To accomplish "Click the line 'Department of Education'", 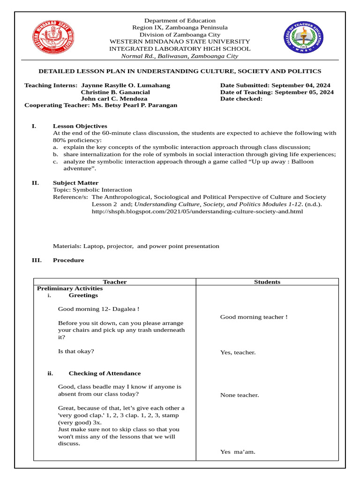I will tap(180, 21).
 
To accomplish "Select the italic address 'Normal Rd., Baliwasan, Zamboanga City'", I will tap(180, 56).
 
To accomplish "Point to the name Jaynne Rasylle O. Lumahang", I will tap(126, 86).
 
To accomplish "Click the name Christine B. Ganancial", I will tap(115, 92).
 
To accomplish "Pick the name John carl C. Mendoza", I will tap(114, 99).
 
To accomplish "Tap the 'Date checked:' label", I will tap(241, 99).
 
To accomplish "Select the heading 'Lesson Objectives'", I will tap(80, 126).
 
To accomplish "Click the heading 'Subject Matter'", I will tap(75, 183).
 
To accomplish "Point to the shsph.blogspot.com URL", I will tap(197, 211).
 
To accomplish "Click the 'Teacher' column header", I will tap(115, 282).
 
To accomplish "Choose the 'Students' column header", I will tap(267, 282).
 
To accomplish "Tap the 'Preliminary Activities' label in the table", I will tap(70, 289).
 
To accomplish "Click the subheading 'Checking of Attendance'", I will tap(105, 374).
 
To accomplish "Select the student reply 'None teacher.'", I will tap(240, 395).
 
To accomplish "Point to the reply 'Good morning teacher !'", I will tap(254, 317).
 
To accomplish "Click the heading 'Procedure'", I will tap(68, 260).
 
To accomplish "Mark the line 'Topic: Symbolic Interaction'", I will tap(92, 190).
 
